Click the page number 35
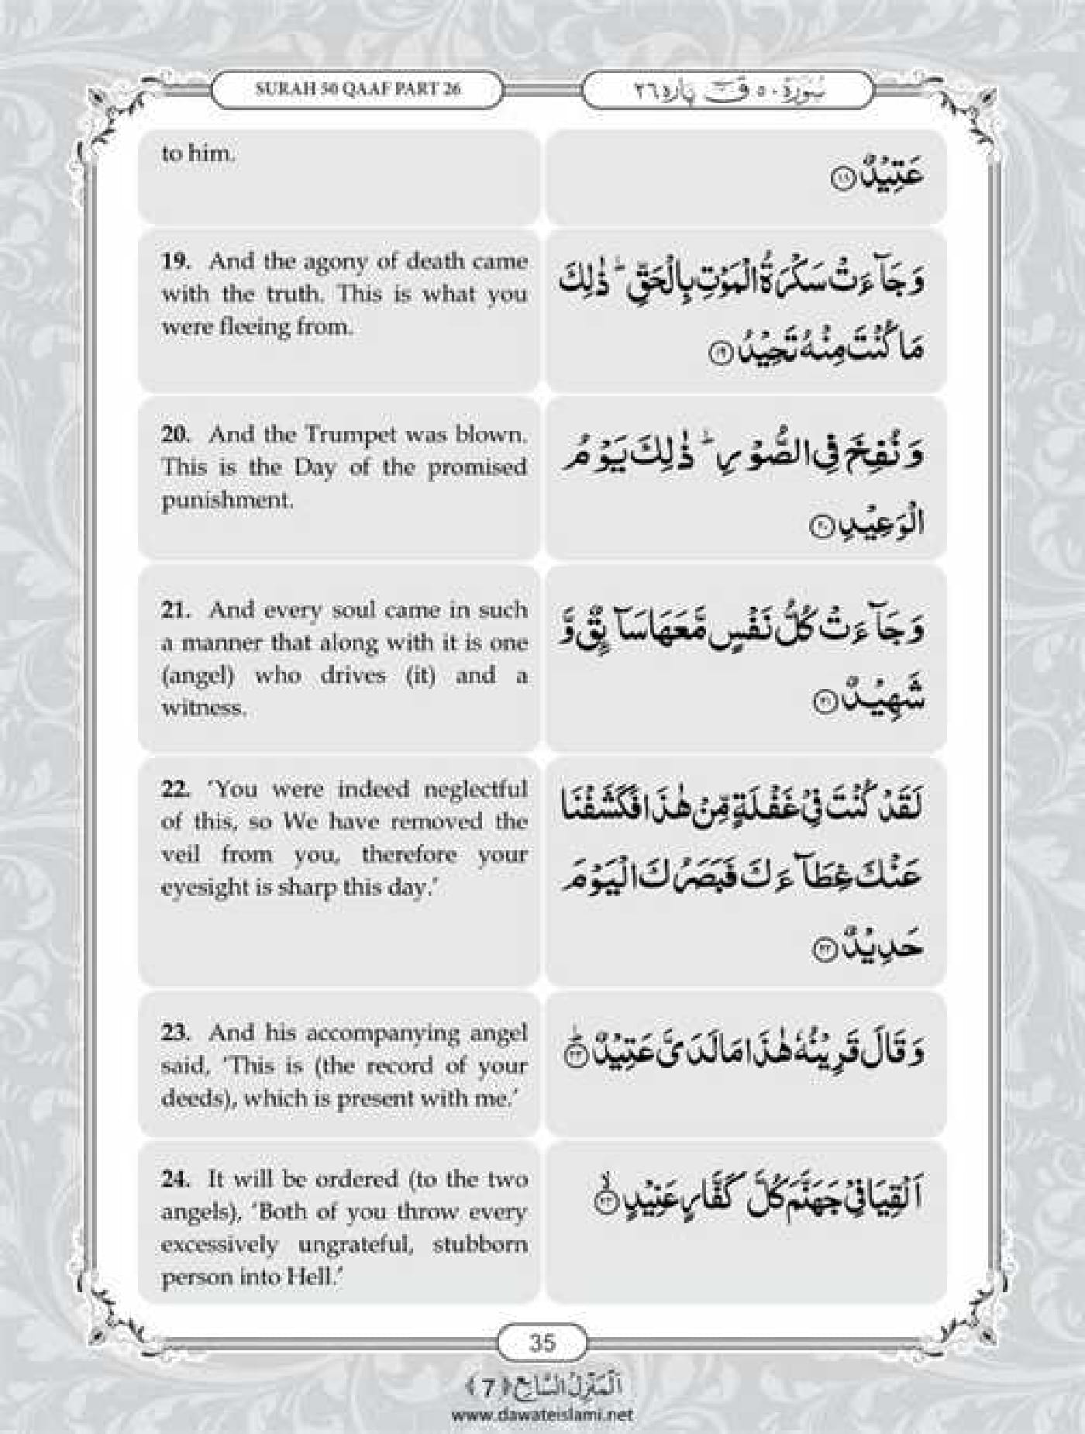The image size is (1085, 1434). (x=542, y=799)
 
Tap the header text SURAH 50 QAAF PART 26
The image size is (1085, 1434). (x=357, y=88)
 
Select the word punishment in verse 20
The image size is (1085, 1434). (x=227, y=501)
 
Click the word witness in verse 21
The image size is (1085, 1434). (x=204, y=708)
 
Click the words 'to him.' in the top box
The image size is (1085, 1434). (x=197, y=153)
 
